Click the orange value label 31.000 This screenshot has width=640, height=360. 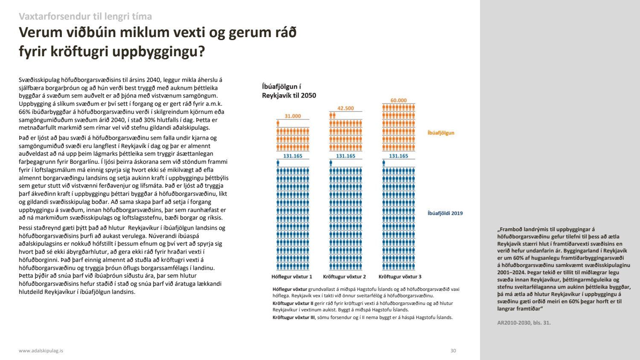[293, 116]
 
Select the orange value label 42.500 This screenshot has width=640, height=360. [346, 108]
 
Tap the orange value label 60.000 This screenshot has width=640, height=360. [399, 101]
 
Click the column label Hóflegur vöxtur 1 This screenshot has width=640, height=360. [292, 277]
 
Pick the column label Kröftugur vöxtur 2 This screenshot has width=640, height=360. [344, 277]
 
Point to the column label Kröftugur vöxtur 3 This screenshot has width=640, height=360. [400, 277]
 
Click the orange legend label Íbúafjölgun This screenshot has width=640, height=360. [441, 133]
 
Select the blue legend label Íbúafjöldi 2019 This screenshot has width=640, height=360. [445, 213]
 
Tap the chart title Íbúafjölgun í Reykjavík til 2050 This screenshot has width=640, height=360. [289, 91]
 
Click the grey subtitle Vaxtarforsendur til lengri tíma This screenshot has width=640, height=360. [85, 17]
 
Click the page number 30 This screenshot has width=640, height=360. [453, 351]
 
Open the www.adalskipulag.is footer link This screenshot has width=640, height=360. [41, 351]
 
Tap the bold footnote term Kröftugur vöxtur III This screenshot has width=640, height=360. [293, 317]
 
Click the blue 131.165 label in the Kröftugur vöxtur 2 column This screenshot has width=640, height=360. [346, 156]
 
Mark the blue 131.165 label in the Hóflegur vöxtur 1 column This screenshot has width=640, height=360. [293, 156]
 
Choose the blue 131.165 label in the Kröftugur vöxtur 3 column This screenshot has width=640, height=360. [399, 156]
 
